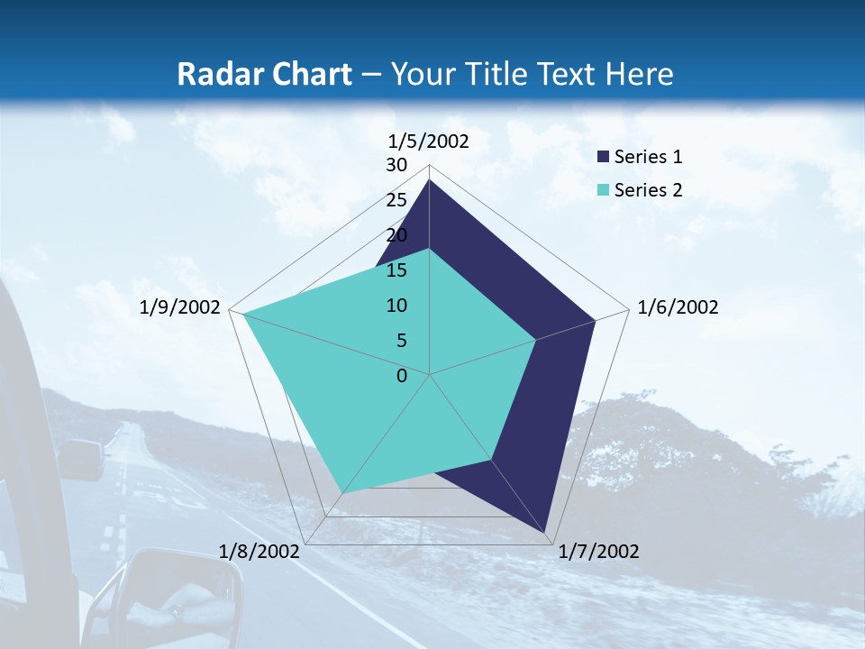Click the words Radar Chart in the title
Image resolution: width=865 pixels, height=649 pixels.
[x=264, y=74]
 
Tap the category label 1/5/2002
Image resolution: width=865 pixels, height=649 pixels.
[x=429, y=141]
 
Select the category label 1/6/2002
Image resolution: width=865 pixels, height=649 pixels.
[x=678, y=307]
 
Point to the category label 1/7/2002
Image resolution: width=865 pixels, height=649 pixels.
[x=598, y=552]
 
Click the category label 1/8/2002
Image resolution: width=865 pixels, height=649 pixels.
[x=259, y=552]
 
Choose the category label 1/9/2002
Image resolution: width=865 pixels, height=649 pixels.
[x=180, y=307]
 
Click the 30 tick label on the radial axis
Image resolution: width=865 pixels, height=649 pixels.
[x=396, y=165]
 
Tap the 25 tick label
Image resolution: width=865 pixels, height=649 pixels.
[x=396, y=200]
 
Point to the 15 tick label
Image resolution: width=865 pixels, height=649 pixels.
[x=396, y=270]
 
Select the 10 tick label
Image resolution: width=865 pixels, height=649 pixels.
[x=396, y=306]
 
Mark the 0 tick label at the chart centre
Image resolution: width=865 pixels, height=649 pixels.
[x=402, y=376]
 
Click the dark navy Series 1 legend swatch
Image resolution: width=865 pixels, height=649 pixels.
[x=603, y=157]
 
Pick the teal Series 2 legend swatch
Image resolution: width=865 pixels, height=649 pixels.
[x=603, y=190]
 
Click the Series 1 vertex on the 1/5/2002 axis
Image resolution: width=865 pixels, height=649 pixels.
[x=430, y=180]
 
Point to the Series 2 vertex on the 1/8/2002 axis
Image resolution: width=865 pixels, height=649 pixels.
[x=342, y=493]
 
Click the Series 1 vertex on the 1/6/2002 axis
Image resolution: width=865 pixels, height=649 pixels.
[x=595, y=320]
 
